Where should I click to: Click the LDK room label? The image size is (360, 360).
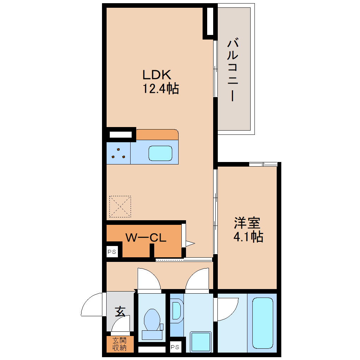157,74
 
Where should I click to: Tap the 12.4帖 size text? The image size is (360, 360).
161,88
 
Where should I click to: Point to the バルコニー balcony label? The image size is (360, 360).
233,70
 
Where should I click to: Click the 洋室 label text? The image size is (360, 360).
247,223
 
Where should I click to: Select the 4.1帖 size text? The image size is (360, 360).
248,236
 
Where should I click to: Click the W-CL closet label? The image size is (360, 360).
146,238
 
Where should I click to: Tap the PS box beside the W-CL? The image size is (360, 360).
112,252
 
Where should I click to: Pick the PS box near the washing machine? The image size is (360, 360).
175,347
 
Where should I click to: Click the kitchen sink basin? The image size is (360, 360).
160,154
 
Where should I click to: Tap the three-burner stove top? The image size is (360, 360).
119,153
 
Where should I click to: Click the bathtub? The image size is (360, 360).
263,323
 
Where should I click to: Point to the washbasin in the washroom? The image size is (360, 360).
176,311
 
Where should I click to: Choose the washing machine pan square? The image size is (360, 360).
201,342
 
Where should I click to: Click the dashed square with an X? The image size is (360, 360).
120,206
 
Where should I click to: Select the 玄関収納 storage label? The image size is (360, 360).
120,344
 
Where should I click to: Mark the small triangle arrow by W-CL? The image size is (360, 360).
190,244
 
